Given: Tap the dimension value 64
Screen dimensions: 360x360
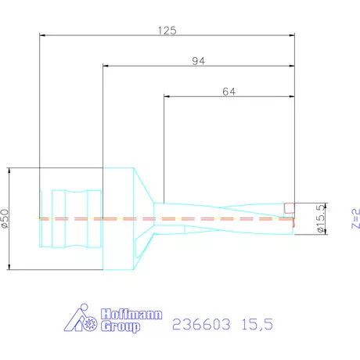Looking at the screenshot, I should (229, 91).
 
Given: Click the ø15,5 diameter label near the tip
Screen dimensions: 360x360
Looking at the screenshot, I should (319, 218).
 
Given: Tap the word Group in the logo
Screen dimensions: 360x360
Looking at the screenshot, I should (122, 326).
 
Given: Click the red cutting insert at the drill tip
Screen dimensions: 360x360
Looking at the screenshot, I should (289, 208).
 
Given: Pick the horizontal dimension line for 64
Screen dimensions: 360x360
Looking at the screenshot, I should (196, 96).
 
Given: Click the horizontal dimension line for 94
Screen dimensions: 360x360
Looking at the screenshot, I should (157, 67).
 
